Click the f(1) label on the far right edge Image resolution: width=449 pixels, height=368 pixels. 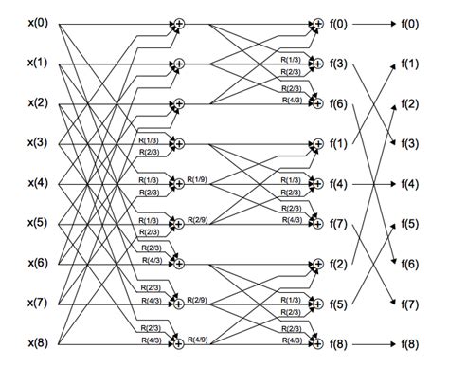(410, 63)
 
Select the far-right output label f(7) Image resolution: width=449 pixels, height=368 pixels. (410, 304)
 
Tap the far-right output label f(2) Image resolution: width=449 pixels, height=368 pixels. (410, 103)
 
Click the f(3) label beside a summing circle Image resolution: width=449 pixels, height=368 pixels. (338, 64)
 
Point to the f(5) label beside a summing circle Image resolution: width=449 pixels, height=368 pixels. (338, 305)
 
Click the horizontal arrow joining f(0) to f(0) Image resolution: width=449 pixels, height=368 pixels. (374, 23)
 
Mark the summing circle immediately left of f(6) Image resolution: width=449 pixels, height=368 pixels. (318, 103)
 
